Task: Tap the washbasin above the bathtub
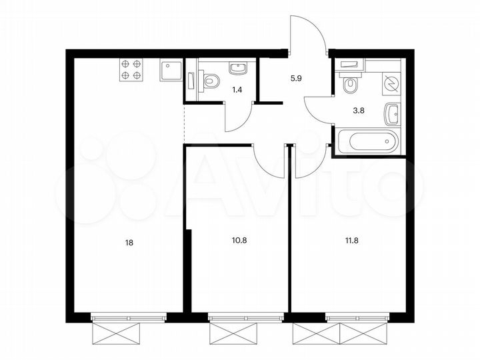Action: (391, 115)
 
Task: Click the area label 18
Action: (129, 243)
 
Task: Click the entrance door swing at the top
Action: (307, 33)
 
